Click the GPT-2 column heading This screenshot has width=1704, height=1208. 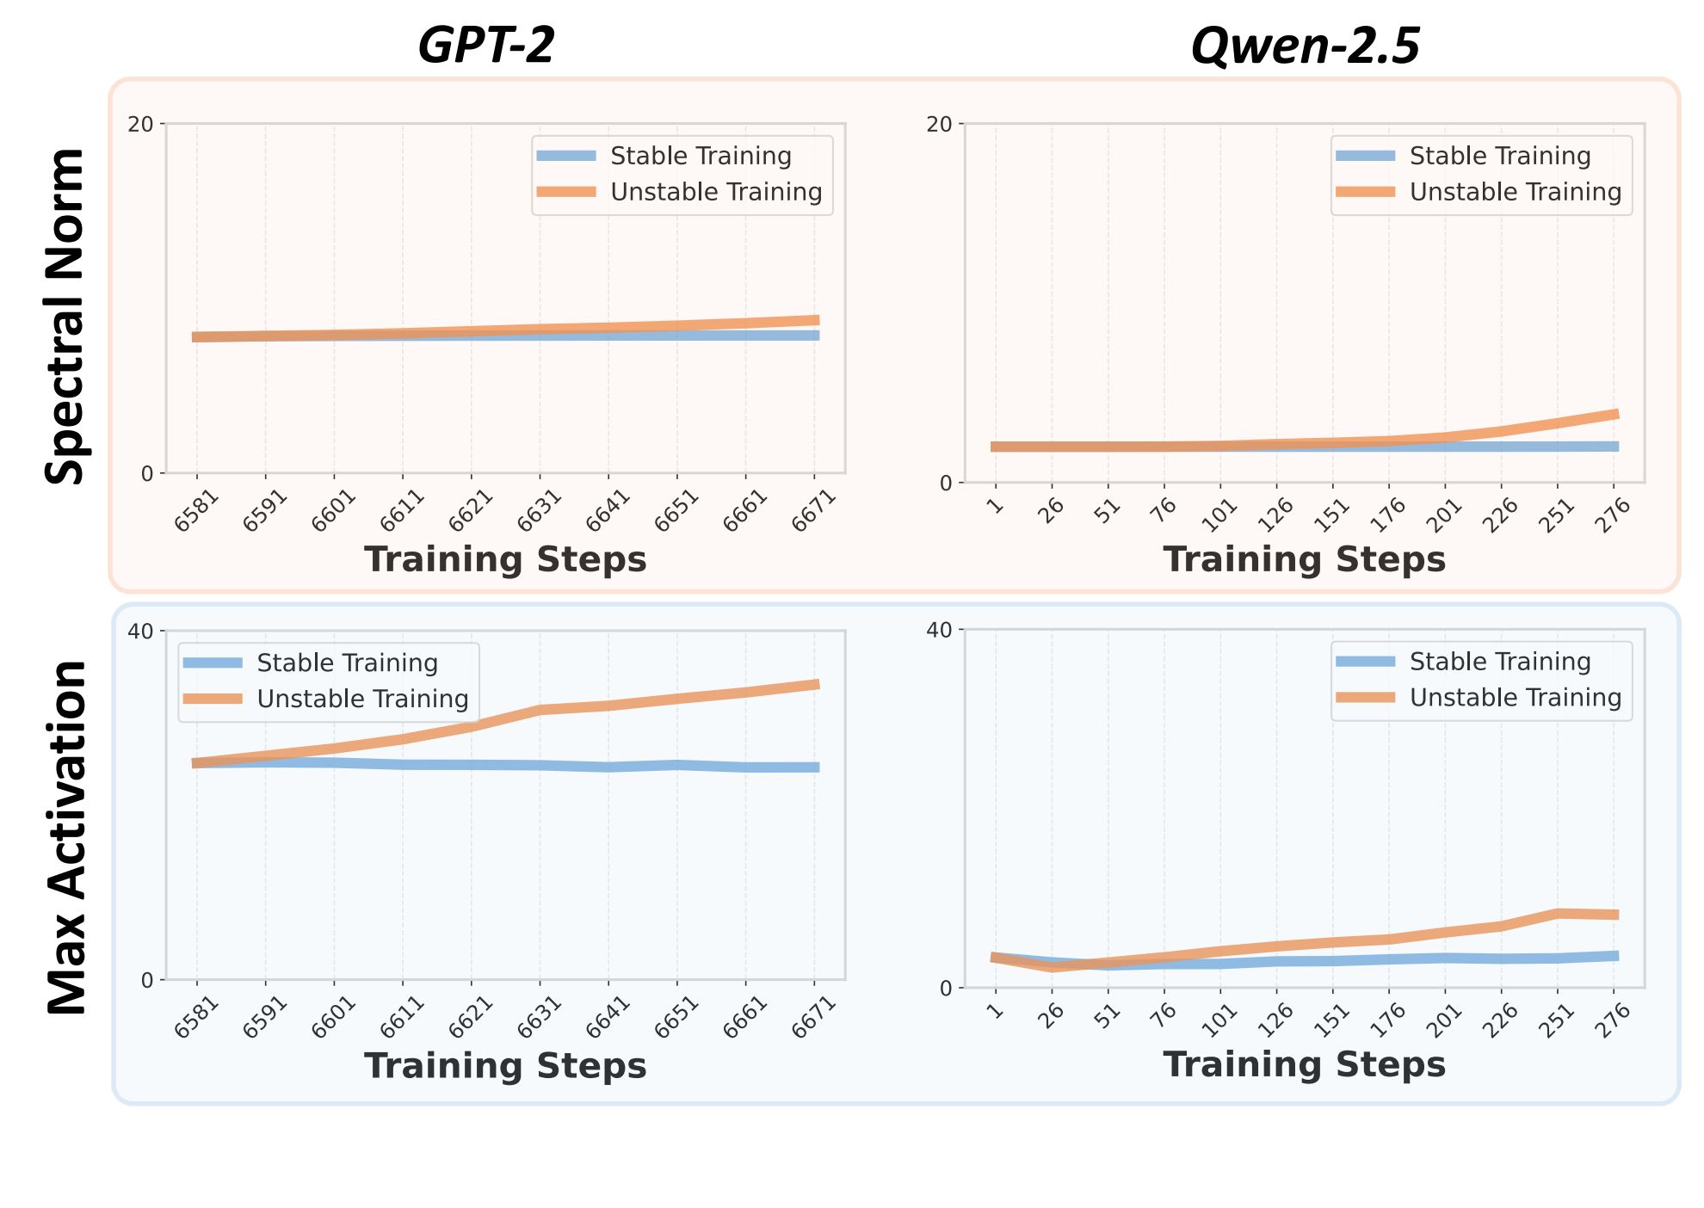coord(486,46)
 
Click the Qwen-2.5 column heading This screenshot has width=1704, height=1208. coord(1305,46)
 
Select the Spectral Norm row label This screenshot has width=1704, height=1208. coord(66,317)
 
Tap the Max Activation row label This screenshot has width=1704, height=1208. coord(66,837)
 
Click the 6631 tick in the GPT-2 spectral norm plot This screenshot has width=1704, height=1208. coord(540,509)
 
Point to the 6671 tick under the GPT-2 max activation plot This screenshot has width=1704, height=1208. coord(814,1016)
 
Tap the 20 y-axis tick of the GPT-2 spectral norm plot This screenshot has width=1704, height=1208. coord(140,125)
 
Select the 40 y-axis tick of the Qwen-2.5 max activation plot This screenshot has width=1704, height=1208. coord(939,631)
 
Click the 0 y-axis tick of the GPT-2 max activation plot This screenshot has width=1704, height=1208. coord(147,980)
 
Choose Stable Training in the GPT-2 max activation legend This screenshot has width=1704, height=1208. coord(347,663)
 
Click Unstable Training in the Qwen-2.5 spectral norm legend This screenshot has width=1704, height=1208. coord(1515,192)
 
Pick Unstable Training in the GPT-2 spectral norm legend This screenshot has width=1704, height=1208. coord(716,192)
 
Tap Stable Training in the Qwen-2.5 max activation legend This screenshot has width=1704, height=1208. coord(1499,662)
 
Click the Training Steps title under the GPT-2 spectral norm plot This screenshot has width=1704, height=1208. coord(505,559)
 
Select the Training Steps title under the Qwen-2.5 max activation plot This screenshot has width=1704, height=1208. coord(1304,1064)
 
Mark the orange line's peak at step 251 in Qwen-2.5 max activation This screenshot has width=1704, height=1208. coord(1559,913)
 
